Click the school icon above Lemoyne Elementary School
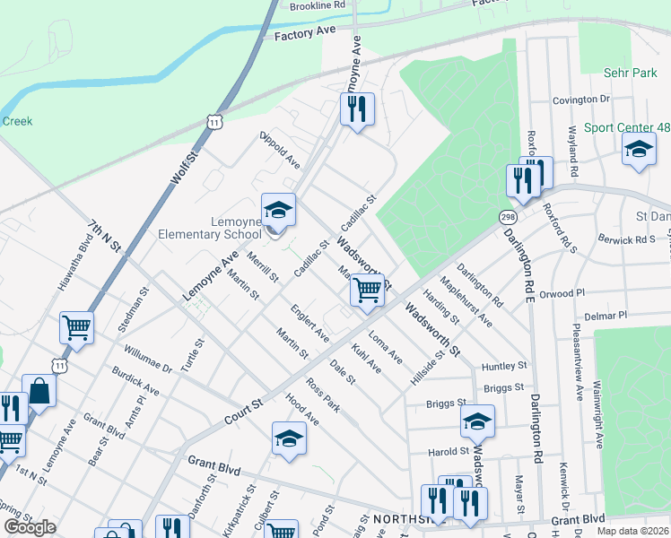[x=278, y=212]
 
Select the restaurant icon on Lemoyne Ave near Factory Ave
[x=357, y=108]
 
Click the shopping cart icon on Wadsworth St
[x=367, y=291]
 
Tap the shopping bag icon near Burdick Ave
[x=39, y=390]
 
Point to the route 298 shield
[x=508, y=217]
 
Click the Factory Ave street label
[x=304, y=33]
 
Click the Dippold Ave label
[x=280, y=150]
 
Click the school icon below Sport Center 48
[x=639, y=149]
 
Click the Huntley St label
[x=503, y=366]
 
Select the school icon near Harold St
[x=477, y=421]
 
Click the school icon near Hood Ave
[x=289, y=438]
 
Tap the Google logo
[x=30, y=527]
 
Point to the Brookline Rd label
[x=317, y=5]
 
